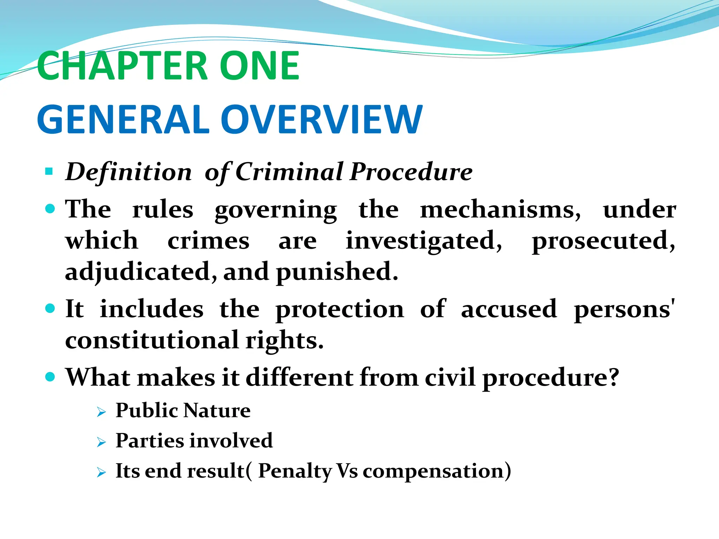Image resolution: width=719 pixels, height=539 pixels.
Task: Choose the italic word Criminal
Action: click(x=290, y=172)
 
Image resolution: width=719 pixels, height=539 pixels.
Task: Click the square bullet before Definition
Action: click(x=49, y=172)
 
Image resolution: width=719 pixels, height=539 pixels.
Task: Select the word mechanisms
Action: click(x=500, y=210)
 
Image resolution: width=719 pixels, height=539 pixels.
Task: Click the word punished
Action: click(x=337, y=272)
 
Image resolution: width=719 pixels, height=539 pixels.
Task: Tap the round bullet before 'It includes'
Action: click(x=51, y=308)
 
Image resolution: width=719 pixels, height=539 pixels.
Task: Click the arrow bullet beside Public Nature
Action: click(x=101, y=412)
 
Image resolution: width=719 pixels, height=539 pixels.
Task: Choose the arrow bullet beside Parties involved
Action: click(x=101, y=442)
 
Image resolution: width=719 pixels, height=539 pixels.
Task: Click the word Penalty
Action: click(x=295, y=471)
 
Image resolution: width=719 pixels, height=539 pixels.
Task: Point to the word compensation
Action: click(x=433, y=471)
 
